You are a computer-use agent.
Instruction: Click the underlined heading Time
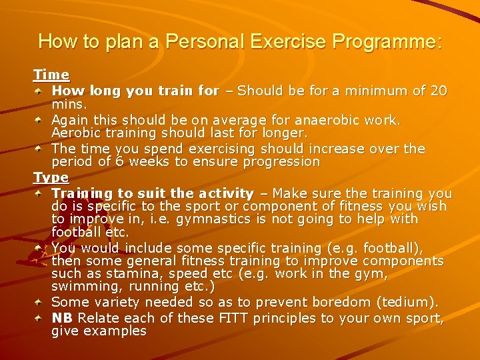point(51,75)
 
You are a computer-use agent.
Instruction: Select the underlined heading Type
point(51,177)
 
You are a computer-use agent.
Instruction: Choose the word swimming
point(81,287)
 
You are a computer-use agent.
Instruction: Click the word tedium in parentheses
point(411,303)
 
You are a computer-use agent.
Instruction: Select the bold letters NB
point(62,317)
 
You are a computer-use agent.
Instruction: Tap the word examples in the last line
point(115,331)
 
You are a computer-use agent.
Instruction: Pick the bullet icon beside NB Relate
point(41,317)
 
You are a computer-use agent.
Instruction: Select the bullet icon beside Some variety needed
point(41,303)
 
